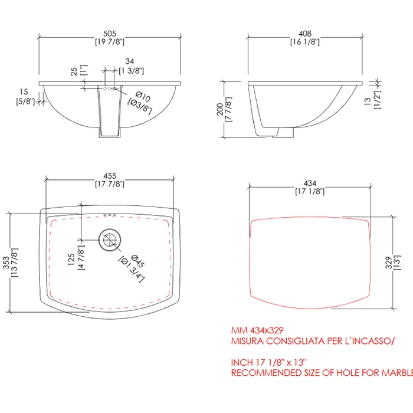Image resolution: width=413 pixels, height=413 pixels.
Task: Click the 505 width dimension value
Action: (110, 34)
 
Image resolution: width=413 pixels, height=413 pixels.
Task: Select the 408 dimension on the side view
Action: (305, 34)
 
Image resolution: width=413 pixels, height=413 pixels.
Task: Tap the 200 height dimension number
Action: (220, 109)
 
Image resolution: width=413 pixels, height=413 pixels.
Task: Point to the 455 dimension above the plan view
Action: (110, 176)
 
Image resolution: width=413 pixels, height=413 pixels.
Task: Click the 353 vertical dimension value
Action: (6, 263)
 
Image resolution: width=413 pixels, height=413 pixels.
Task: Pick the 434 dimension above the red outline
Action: (310, 183)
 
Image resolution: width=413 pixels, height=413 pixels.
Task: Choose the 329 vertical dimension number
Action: (389, 263)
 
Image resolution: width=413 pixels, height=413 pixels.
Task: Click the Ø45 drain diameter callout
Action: (137, 261)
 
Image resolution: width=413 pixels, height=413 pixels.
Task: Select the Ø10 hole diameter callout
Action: (143, 96)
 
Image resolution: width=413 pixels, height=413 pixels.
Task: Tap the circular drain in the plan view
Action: (110, 240)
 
